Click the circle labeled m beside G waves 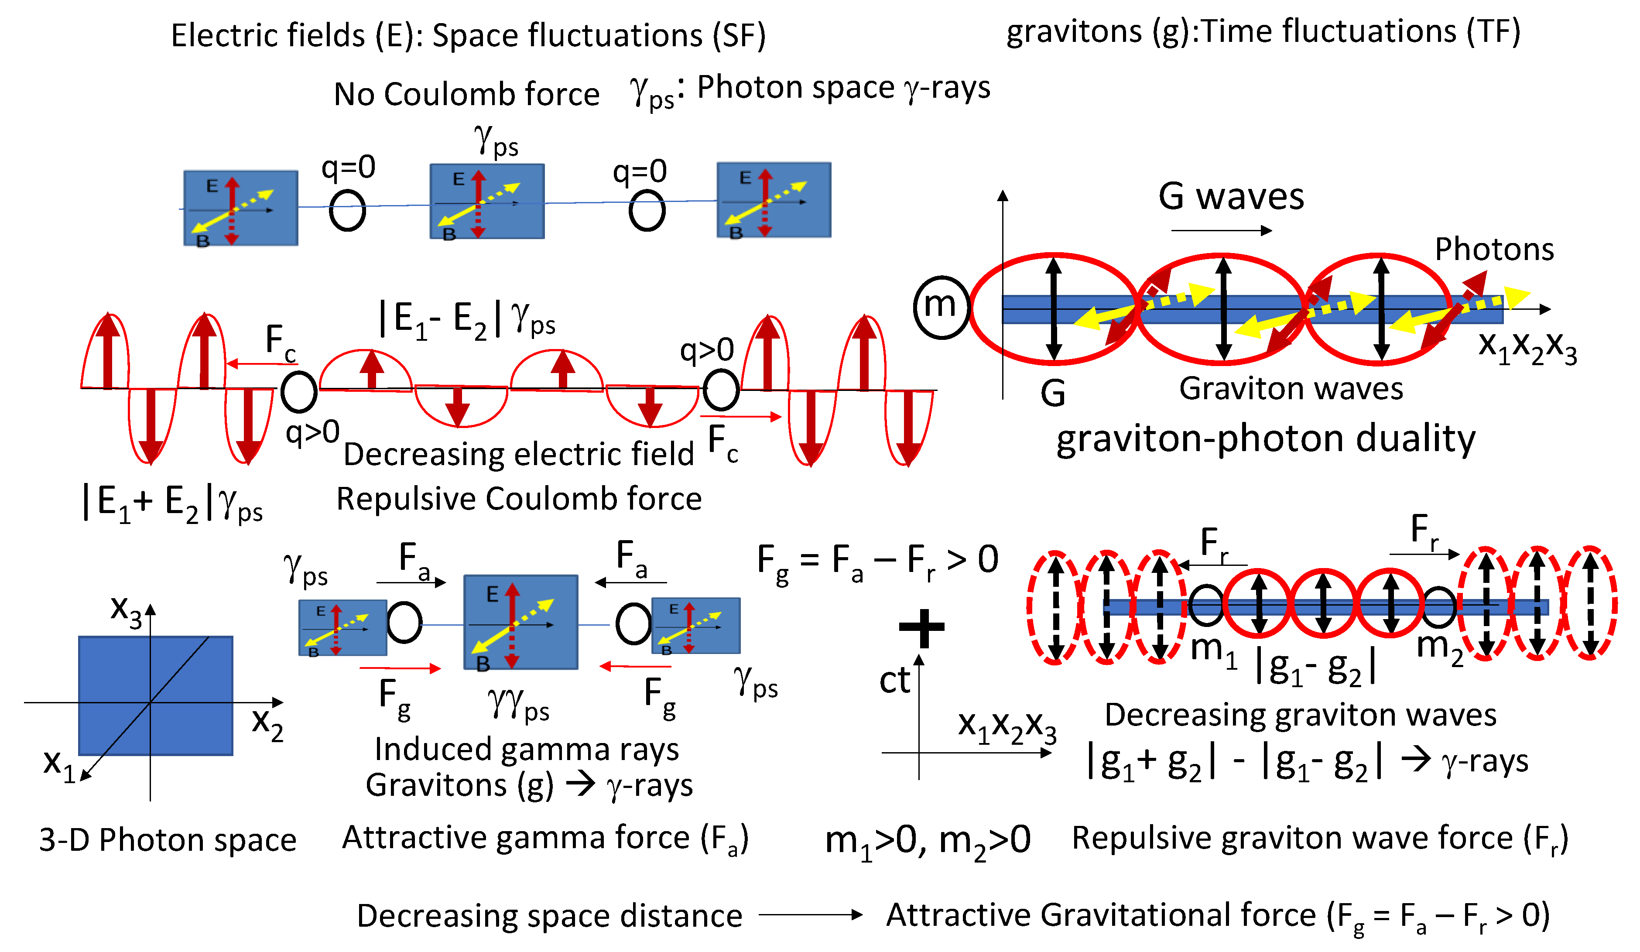(941, 306)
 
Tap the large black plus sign (921, 627)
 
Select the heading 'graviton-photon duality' (1265, 439)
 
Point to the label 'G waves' (1231, 196)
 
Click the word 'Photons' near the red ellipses (1494, 249)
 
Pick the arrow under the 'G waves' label (1221, 230)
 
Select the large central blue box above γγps (520, 621)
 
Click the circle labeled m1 (1206, 605)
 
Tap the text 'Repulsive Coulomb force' (519, 500)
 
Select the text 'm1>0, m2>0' (928, 841)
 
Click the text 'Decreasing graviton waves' (1300, 715)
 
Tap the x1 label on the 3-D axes (58, 763)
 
